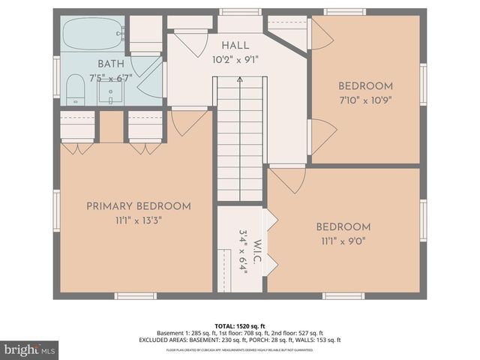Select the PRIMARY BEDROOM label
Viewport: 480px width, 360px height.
[138, 206]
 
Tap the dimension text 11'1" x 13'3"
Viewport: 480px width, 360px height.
[138, 220]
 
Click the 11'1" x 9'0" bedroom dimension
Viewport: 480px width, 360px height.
[343, 241]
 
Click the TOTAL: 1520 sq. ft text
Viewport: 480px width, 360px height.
[239, 325]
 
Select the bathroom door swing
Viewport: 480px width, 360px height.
[151, 75]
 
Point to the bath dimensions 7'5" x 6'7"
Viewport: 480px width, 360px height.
[110, 77]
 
